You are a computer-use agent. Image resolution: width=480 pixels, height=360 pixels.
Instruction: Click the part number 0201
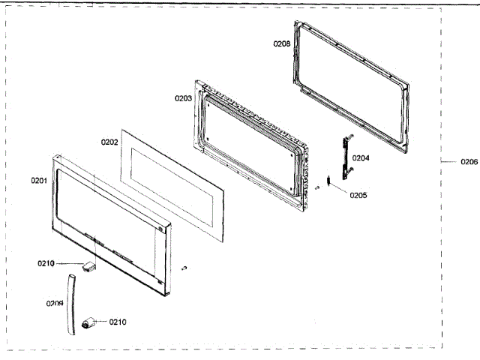39,181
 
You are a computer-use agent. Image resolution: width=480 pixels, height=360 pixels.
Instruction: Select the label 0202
109,141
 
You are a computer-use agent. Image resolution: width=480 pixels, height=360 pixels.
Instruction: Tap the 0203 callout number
183,98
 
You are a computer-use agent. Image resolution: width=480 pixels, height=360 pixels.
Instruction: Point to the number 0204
361,158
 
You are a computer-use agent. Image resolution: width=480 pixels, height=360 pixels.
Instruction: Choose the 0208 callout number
281,43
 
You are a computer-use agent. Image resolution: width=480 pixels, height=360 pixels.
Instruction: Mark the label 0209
54,304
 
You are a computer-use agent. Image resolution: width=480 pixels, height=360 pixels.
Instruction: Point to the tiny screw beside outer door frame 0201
184,268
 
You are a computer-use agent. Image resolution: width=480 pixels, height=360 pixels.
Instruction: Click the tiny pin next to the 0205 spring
319,187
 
